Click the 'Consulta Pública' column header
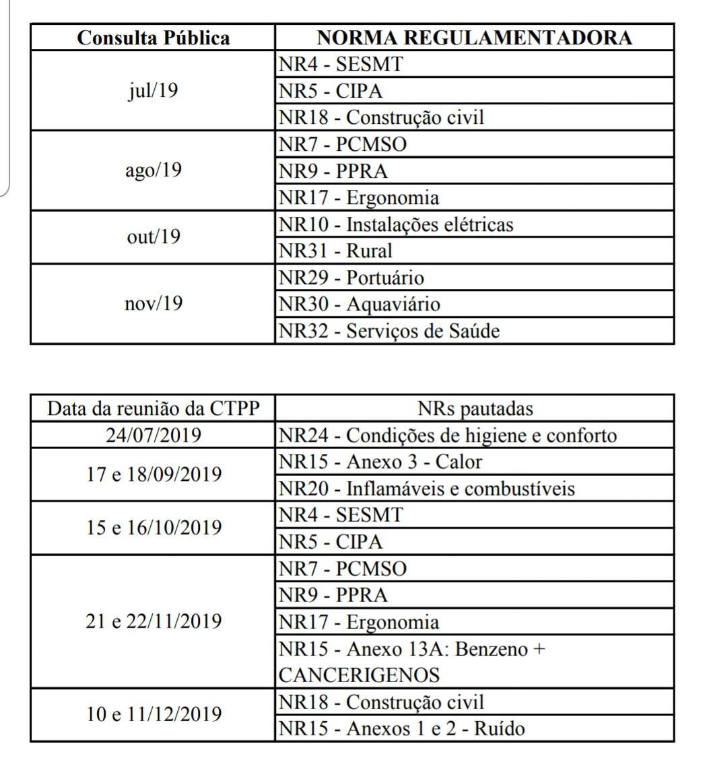[x=154, y=38]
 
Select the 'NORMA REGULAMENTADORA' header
[x=475, y=38]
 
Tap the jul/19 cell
[x=154, y=91]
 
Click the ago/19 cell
[x=154, y=171]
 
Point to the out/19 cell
[x=154, y=237]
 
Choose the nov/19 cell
[x=154, y=304]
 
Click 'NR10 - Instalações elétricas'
[x=396, y=224]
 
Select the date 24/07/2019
[x=154, y=436]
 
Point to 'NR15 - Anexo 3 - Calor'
[x=380, y=462]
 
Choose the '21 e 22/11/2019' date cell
[x=154, y=621]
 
